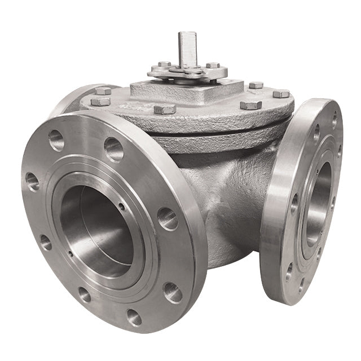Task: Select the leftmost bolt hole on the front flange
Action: coord(32,181)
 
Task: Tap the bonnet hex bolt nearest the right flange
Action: coord(281,94)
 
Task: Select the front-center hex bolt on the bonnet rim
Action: coord(164,108)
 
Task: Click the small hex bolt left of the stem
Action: coord(164,64)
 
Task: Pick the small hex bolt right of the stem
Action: coord(213,65)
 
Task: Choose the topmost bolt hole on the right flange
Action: coord(334,119)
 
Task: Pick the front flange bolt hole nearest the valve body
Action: coord(168,218)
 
